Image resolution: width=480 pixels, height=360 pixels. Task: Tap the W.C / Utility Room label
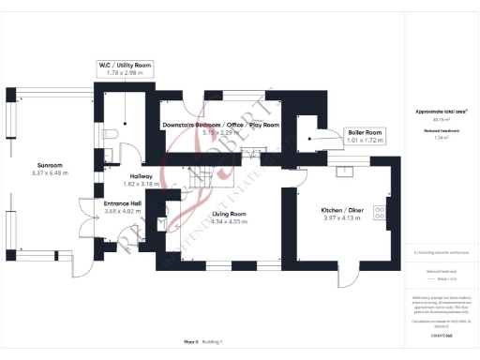(x=125, y=65)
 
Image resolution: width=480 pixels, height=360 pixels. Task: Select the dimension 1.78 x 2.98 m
(x=125, y=72)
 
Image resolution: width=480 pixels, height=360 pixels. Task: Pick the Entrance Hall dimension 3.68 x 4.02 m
(x=122, y=211)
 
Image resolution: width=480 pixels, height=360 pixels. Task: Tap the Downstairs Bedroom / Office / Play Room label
(x=220, y=125)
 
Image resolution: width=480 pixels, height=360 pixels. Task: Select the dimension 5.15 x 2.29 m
(x=220, y=132)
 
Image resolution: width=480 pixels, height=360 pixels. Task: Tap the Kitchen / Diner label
(x=342, y=211)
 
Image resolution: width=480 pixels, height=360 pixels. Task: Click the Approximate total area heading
(x=441, y=112)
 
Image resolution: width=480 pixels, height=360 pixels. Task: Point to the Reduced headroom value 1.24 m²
(x=441, y=138)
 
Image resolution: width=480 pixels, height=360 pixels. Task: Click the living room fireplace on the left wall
(x=172, y=217)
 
